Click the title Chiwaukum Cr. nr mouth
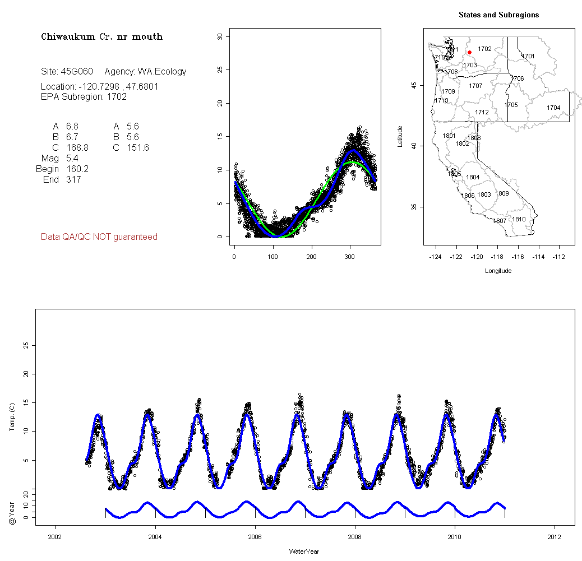(101, 37)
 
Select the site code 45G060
(77, 72)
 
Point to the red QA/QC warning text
(99, 237)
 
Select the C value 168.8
(77, 148)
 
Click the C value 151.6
(138, 148)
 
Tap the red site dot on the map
(469, 52)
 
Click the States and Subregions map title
(498, 15)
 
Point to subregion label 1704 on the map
(553, 108)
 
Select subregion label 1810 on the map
(519, 219)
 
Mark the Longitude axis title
(498, 271)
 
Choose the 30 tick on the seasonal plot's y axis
(220, 36)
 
